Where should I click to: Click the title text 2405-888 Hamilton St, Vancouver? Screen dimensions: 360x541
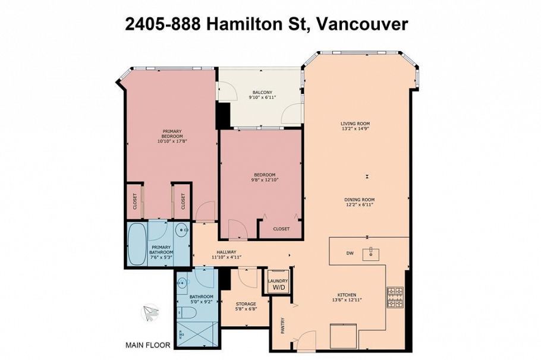point(266,24)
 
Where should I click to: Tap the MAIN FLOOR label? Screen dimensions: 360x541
point(147,345)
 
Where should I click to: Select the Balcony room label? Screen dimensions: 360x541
point(262,93)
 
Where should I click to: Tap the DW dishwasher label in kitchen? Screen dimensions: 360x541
point(350,254)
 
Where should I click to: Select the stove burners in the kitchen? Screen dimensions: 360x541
point(395,295)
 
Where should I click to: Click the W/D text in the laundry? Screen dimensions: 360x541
point(278,288)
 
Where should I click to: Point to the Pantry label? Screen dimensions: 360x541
point(282,325)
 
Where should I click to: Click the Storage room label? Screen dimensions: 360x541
point(246,304)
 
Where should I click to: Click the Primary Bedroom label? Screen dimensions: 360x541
point(172,133)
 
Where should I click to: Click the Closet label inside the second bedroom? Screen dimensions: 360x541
point(281,229)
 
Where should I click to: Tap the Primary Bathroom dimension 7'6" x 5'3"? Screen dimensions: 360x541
point(161,257)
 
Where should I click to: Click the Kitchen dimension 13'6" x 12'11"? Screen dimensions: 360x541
point(347,299)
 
